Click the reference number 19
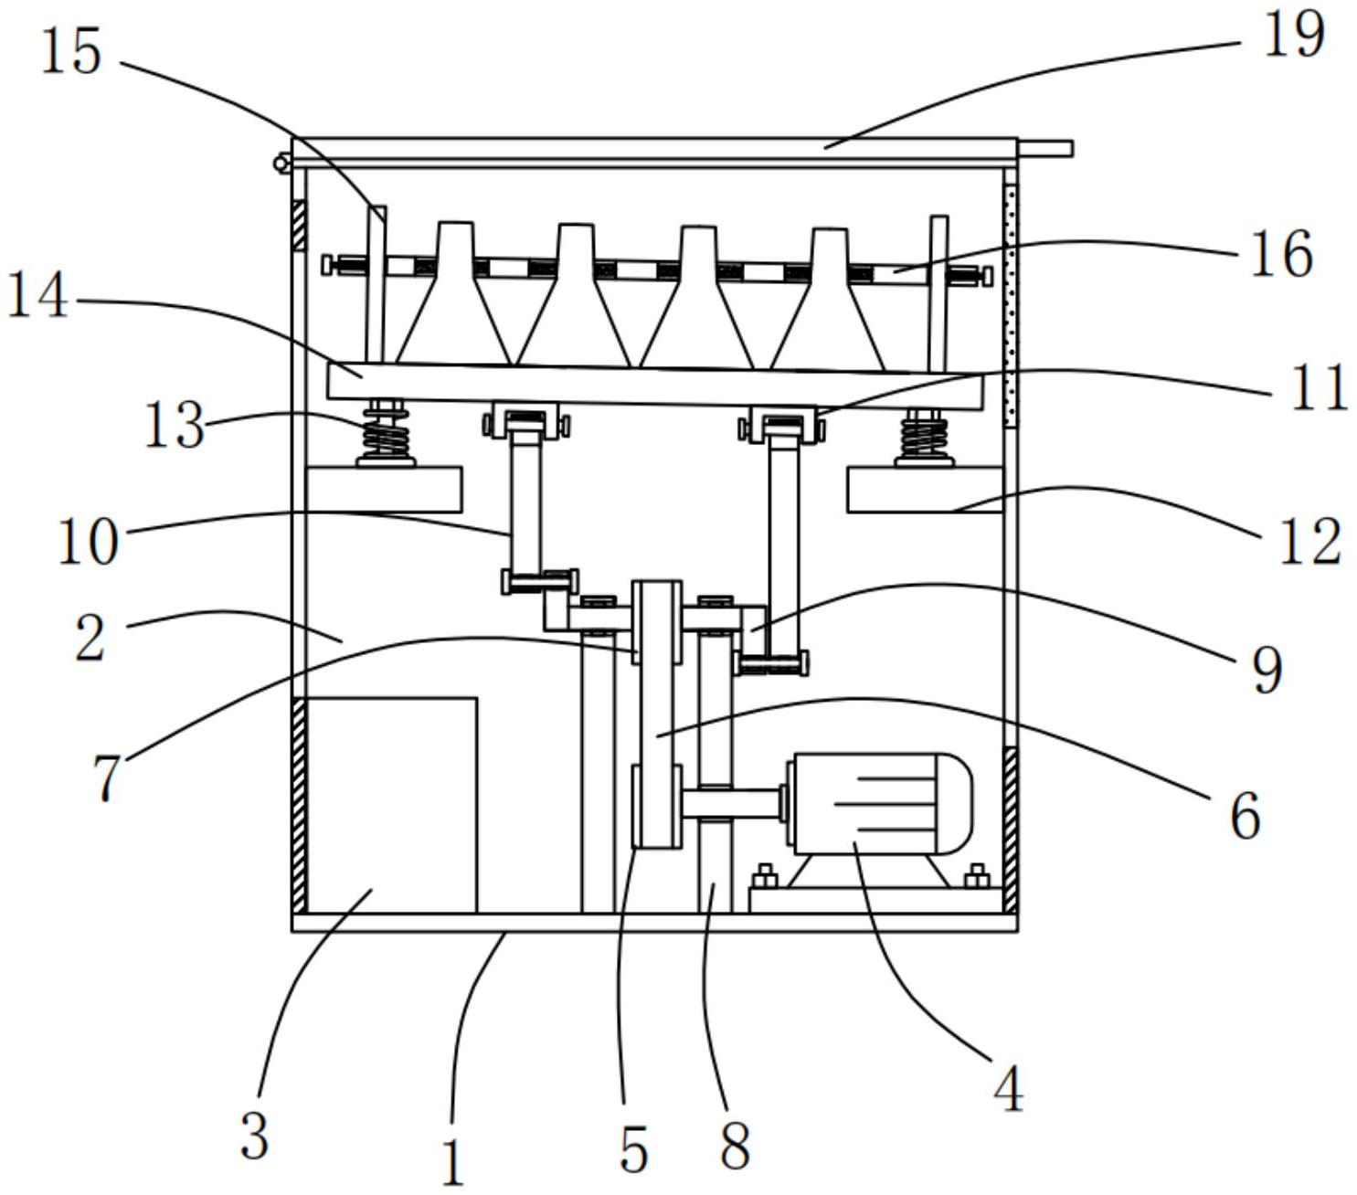pos(1293,34)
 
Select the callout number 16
pos(1281,254)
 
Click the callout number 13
pos(175,425)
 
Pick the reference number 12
pos(1310,541)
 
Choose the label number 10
pos(89,542)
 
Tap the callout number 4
pos(1008,1088)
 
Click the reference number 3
pos(255,1136)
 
